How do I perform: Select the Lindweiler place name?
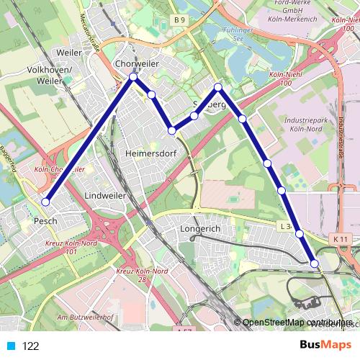105,195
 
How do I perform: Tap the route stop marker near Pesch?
45,202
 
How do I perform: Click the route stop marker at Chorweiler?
133,78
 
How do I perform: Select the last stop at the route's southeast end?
315,264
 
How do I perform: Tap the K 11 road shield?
341,238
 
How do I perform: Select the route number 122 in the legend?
31,346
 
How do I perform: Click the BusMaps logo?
325,345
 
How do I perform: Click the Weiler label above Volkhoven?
69,53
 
